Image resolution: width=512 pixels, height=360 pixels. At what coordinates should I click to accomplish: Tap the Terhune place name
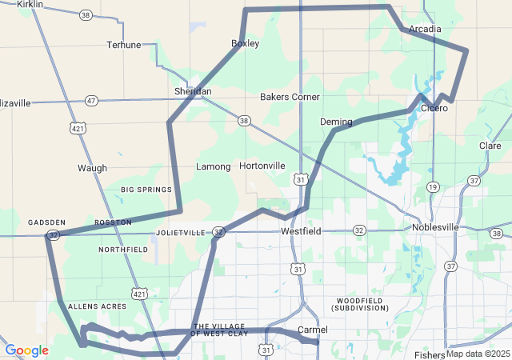point(124,45)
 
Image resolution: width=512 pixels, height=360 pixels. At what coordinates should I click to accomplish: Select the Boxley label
point(245,43)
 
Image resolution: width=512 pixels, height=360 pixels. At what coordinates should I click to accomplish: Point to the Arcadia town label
point(425,29)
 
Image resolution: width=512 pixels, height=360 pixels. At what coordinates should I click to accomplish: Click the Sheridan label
point(194,92)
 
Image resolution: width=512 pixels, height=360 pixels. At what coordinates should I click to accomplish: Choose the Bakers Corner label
point(290,97)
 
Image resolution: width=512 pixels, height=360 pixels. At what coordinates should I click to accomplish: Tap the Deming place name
point(336,122)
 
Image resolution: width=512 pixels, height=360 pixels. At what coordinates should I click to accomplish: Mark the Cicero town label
point(434,107)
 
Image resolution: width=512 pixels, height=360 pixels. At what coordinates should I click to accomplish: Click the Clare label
point(490,146)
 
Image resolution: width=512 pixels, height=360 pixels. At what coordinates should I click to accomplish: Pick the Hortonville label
point(262,166)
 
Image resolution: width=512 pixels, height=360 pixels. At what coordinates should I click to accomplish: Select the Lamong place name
point(214,167)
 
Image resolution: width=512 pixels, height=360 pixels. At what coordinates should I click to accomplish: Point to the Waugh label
point(92,168)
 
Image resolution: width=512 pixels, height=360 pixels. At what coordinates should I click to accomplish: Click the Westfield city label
point(301,231)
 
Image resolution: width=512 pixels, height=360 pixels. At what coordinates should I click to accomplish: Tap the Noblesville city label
point(435,227)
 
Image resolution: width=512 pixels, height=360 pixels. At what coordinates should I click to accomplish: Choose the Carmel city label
point(312,330)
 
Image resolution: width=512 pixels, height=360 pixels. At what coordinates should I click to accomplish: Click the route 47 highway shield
point(92,101)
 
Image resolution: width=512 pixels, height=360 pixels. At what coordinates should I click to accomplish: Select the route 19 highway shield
point(433,186)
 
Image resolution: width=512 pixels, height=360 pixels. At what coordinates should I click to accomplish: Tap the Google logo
point(26,350)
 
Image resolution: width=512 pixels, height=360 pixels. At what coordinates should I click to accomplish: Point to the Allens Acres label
point(97,306)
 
